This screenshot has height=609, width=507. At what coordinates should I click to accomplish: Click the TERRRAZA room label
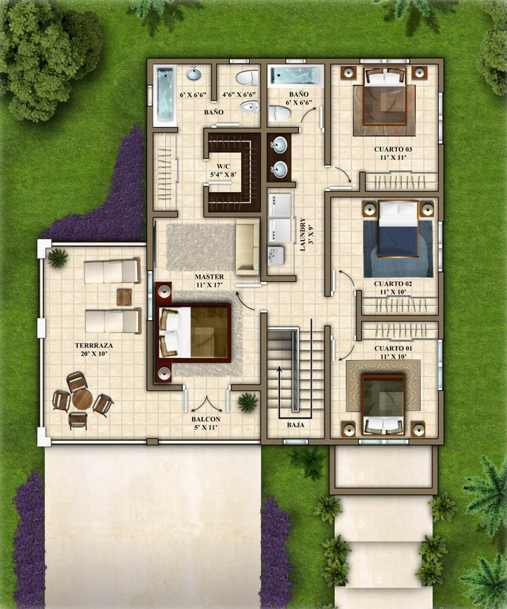pos(94,345)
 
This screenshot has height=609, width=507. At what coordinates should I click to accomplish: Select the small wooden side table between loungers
pos(124,297)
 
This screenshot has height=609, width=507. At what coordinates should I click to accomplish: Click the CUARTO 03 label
pos(393,149)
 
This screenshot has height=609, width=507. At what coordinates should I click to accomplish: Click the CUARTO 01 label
pos(393,348)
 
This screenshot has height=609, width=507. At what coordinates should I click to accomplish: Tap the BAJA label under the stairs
pos(295,425)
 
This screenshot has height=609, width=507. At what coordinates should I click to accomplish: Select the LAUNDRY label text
pos(303,234)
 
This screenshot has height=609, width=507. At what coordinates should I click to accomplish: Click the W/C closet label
pos(223,166)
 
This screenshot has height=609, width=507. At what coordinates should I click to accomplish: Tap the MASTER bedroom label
pos(209,277)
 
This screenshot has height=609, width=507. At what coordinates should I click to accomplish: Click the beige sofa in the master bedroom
pos(247,247)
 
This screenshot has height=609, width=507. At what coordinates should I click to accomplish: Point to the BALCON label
pos(206,420)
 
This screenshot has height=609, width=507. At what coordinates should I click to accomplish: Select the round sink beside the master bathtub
pos(194,73)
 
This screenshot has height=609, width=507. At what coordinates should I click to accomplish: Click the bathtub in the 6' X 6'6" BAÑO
pos(296,76)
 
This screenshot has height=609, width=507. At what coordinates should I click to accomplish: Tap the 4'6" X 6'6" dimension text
pos(239,94)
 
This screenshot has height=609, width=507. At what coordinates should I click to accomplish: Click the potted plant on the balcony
pos(248,402)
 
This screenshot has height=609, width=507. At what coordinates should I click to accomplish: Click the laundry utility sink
pos(275,256)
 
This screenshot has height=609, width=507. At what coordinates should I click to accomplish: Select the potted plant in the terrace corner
pos(58,258)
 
